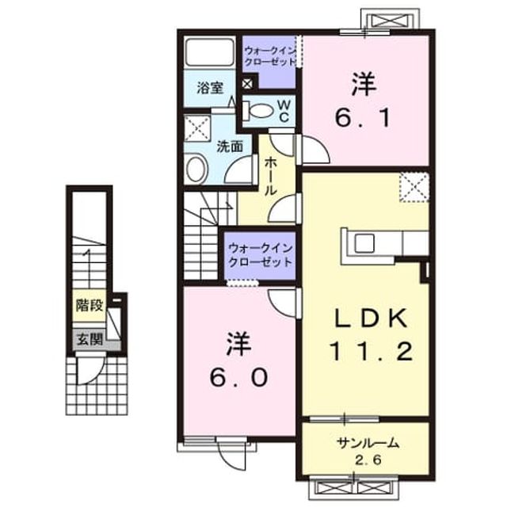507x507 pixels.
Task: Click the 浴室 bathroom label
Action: [210, 88]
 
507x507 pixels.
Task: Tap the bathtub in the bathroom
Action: [210, 51]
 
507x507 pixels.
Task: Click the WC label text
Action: [284, 111]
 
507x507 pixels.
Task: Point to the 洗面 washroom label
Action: [230, 147]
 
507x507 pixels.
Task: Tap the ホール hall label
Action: [270, 177]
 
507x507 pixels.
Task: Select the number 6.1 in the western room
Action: [363, 117]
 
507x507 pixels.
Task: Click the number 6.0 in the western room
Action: [238, 377]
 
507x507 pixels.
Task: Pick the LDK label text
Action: [371, 318]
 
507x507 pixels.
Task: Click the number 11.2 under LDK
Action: [371, 352]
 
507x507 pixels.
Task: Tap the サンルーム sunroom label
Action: [368, 443]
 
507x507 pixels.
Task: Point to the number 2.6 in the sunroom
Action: [368, 459]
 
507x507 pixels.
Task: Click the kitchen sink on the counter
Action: [364, 243]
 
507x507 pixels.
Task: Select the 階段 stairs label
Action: [90, 305]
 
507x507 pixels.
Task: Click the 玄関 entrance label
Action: [90, 339]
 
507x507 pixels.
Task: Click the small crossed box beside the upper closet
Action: [247, 84]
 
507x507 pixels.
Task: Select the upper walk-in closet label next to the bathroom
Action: [270, 56]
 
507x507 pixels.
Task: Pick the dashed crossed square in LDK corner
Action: [414, 188]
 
